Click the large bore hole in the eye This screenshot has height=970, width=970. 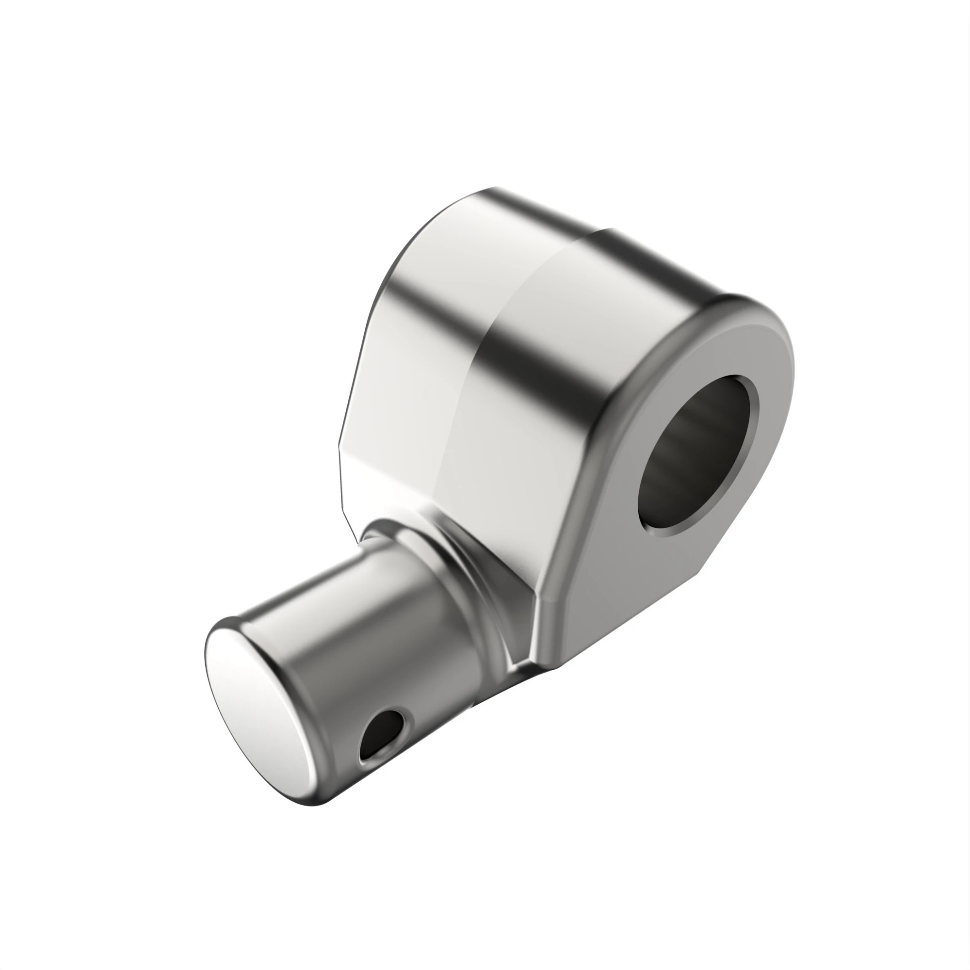tap(698, 457)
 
